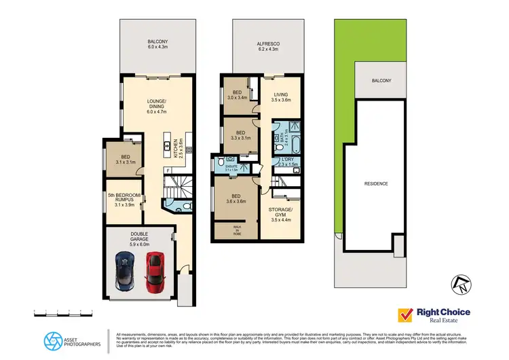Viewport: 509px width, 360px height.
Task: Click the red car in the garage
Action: [155, 270]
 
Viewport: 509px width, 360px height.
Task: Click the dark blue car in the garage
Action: [125, 270]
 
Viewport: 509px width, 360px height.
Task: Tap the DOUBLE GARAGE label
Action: [139, 239]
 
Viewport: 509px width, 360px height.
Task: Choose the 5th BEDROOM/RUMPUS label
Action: [123, 199]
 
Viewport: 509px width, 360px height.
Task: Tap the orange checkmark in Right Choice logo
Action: [406, 315]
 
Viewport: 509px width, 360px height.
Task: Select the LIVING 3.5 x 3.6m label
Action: [280, 98]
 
